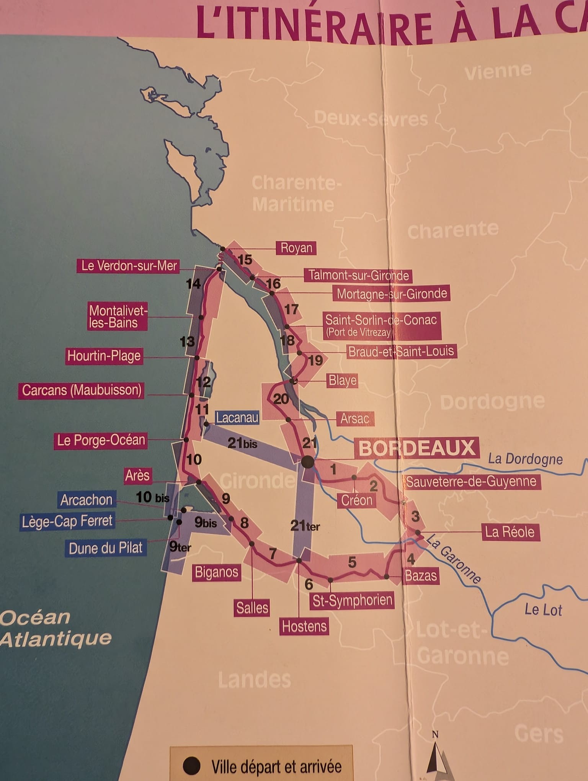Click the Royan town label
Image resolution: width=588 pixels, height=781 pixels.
coord(296,248)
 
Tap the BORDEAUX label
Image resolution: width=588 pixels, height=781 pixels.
coord(416,448)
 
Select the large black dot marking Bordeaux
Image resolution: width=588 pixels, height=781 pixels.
coord(307,462)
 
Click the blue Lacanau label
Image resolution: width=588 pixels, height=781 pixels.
coord(237,417)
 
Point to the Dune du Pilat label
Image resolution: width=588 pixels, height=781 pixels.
coord(106,548)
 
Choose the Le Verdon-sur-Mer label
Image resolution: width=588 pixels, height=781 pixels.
coord(129,266)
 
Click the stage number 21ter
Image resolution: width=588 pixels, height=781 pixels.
coord(305,526)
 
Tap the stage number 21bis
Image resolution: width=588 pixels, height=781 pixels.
coord(242,443)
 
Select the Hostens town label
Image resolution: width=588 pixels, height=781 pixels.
coord(304,627)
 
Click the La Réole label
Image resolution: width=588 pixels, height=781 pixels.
coord(510,532)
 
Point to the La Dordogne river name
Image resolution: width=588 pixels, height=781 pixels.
coord(525,459)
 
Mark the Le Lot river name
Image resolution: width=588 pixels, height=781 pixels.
coord(543,609)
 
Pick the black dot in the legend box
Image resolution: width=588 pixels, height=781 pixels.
coord(191,766)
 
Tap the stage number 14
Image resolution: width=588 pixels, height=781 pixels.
coord(193,284)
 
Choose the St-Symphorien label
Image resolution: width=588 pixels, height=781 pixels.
coord(352,600)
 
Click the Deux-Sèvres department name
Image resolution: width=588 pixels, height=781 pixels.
coord(371,119)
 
